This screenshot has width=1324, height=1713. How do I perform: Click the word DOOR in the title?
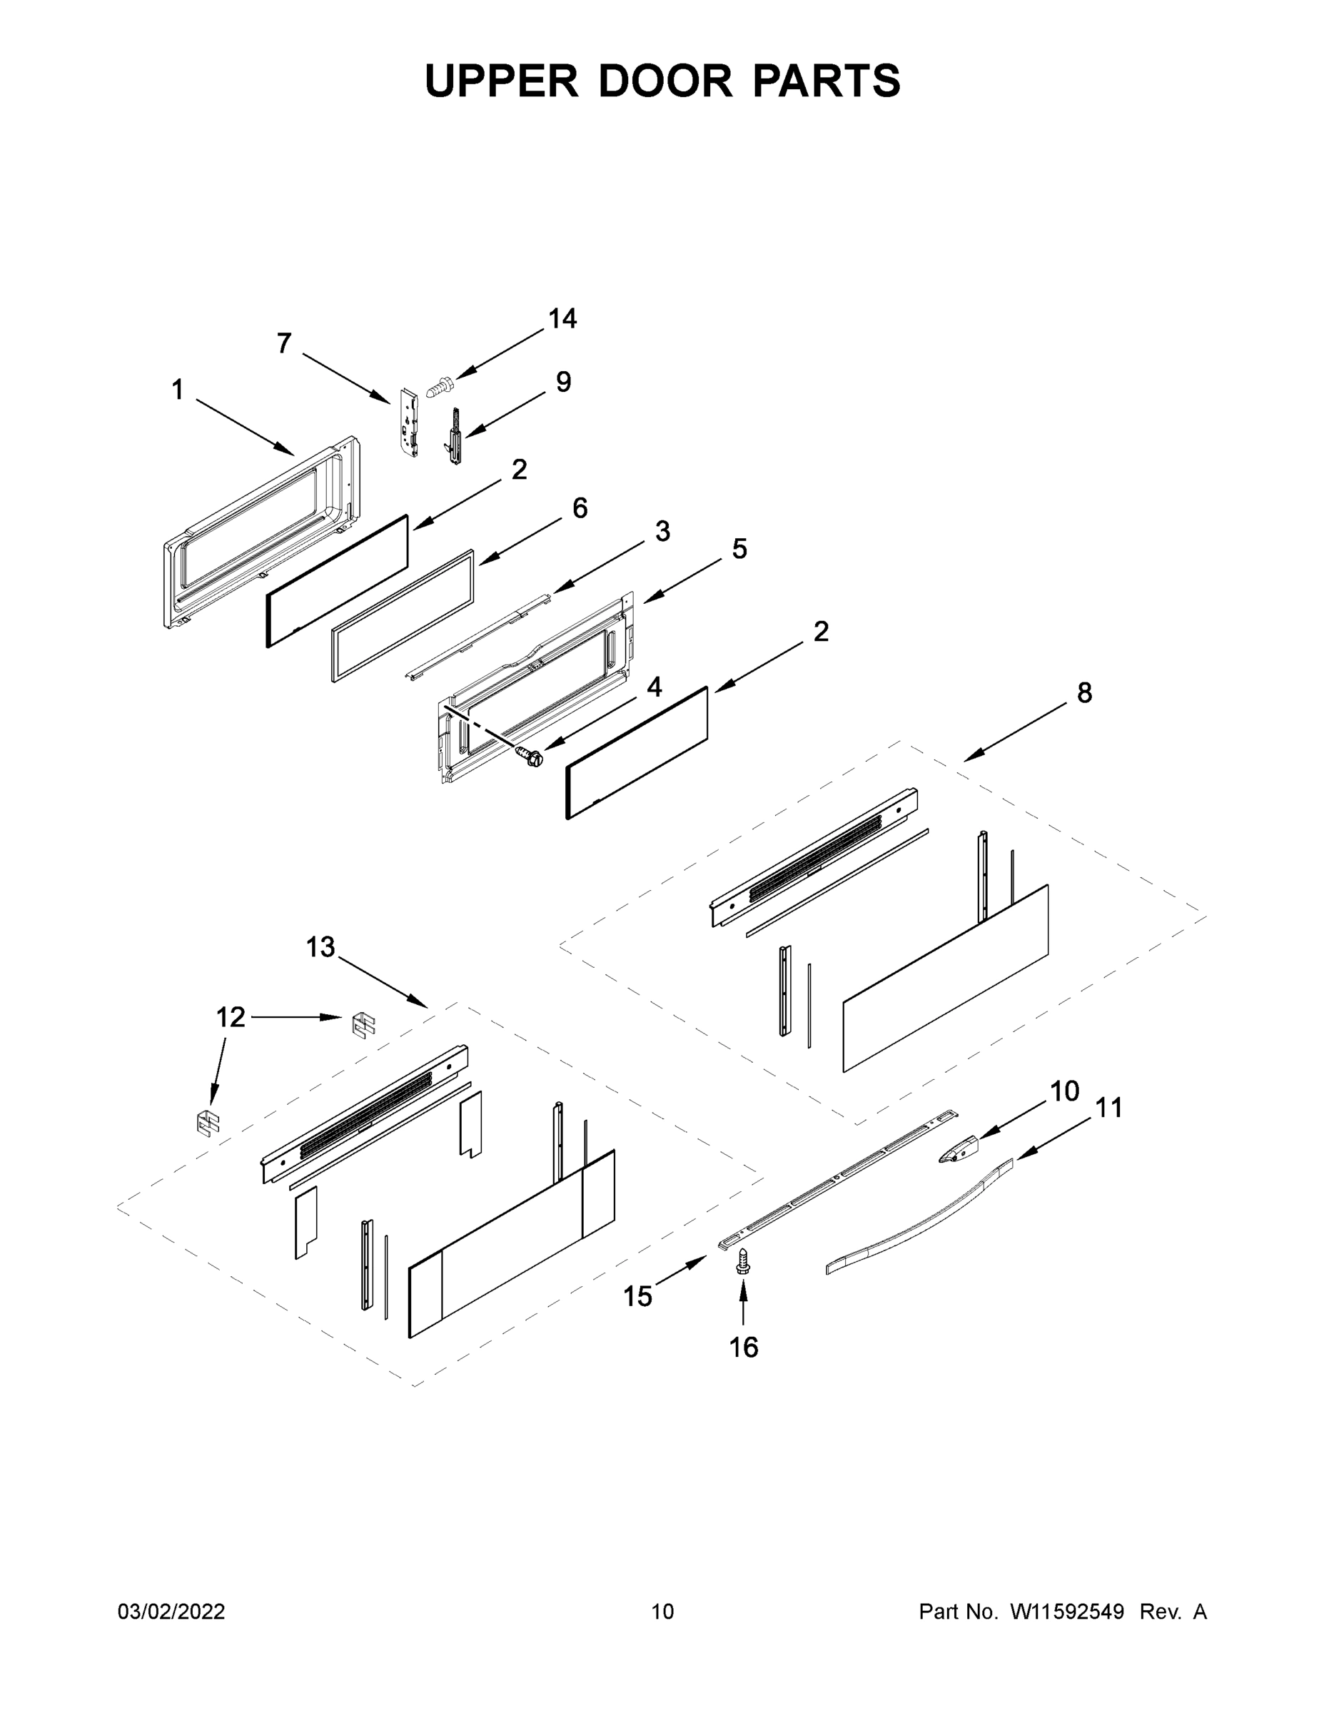tap(665, 81)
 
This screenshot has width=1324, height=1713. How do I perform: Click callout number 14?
tap(562, 318)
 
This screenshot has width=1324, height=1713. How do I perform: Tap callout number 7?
tap(284, 343)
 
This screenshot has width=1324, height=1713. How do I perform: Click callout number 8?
tap(1084, 692)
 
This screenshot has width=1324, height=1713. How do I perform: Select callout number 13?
tap(320, 947)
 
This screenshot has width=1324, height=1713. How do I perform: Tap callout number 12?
tap(230, 1017)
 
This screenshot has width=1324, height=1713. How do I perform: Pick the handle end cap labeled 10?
tap(959, 1152)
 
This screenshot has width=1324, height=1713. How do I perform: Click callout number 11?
tap(1108, 1108)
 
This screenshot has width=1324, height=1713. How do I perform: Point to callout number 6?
tap(579, 508)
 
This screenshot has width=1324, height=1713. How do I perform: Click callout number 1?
tap(177, 390)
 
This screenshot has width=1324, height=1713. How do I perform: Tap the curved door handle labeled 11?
tap(918, 1221)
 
